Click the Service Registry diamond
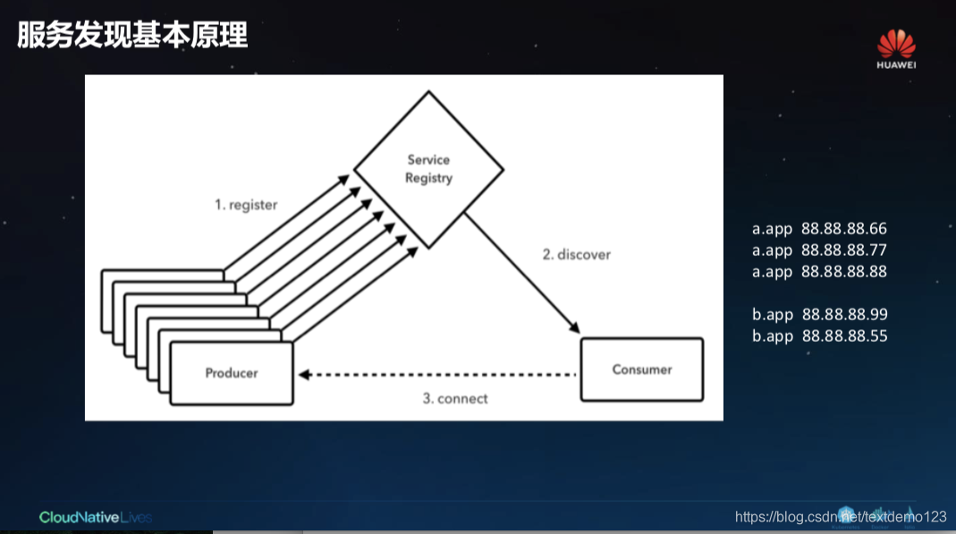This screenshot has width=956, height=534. click(429, 169)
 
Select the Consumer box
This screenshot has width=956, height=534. click(642, 369)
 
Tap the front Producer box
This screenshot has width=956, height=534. click(232, 373)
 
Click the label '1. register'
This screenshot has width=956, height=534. click(246, 205)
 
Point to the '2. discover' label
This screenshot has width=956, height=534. click(577, 254)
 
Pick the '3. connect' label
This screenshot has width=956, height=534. click(455, 398)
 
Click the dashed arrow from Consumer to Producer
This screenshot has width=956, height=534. click(438, 374)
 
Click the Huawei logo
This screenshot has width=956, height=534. click(896, 48)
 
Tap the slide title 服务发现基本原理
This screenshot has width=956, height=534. click(132, 36)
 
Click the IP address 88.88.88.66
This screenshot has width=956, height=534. click(844, 229)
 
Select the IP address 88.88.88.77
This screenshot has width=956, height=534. click(844, 250)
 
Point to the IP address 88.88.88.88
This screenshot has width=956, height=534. click(844, 272)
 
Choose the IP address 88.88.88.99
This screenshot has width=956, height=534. click(845, 315)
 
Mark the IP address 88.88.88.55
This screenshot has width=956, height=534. click(845, 336)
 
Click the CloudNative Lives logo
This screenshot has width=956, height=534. click(96, 517)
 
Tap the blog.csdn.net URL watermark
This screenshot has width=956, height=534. click(841, 517)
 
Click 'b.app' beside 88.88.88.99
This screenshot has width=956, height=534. click(773, 315)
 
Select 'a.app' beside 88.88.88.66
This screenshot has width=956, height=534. click(773, 229)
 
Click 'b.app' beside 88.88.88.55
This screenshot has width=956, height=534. click(773, 336)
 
